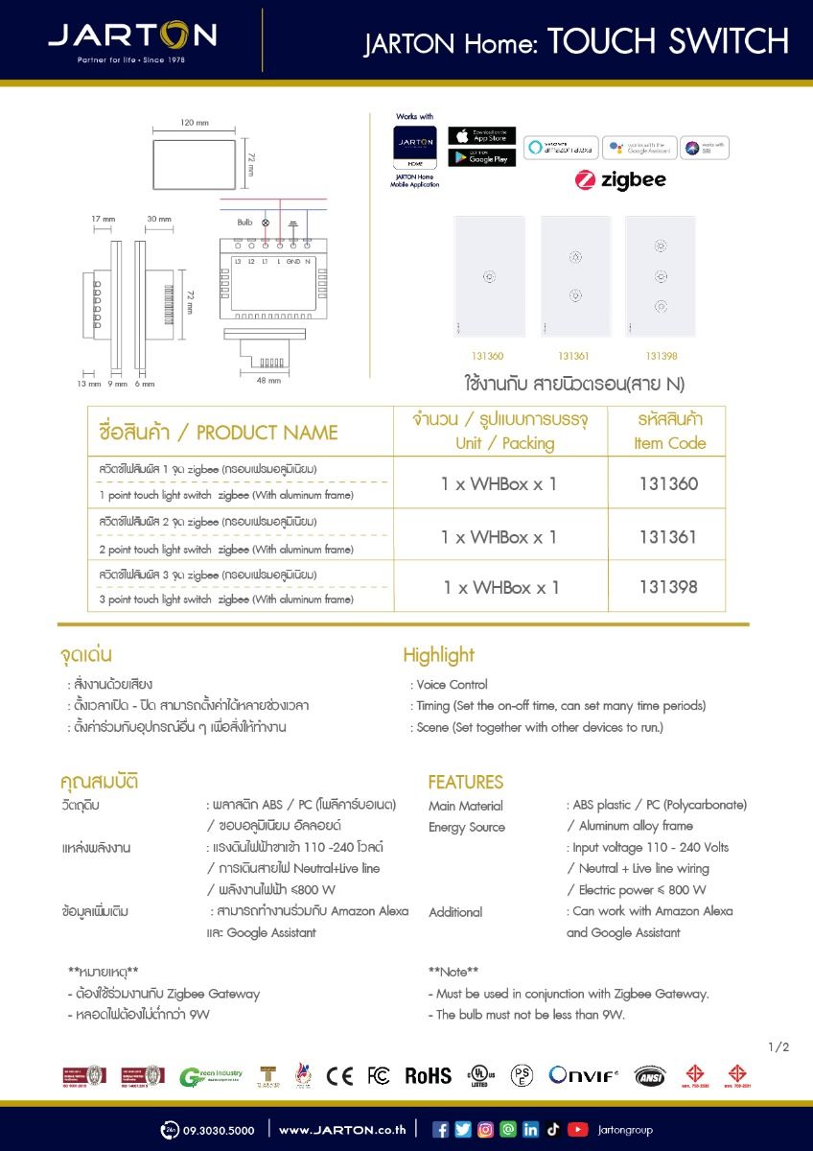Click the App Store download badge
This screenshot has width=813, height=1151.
(481, 136)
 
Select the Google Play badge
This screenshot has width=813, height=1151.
(481, 157)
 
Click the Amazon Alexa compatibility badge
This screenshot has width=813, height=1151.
(560, 148)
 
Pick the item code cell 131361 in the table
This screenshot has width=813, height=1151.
(667, 536)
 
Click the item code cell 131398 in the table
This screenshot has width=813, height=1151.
(667, 586)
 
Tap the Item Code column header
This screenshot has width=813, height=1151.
(669, 432)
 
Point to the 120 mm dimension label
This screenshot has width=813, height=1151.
(195, 123)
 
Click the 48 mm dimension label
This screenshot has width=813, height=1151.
(268, 381)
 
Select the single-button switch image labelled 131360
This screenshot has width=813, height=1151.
(489, 277)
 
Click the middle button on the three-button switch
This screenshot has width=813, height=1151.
(661, 276)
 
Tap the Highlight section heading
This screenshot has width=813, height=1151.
(438, 655)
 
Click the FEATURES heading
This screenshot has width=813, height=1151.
(465, 782)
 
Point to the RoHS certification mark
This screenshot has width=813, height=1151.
(428, 1075)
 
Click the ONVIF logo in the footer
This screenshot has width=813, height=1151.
(584, 1075)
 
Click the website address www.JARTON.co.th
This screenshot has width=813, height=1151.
(341, 1130)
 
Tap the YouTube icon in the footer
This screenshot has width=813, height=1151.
(577, 1129)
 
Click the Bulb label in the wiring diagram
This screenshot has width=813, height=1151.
(244, 223)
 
